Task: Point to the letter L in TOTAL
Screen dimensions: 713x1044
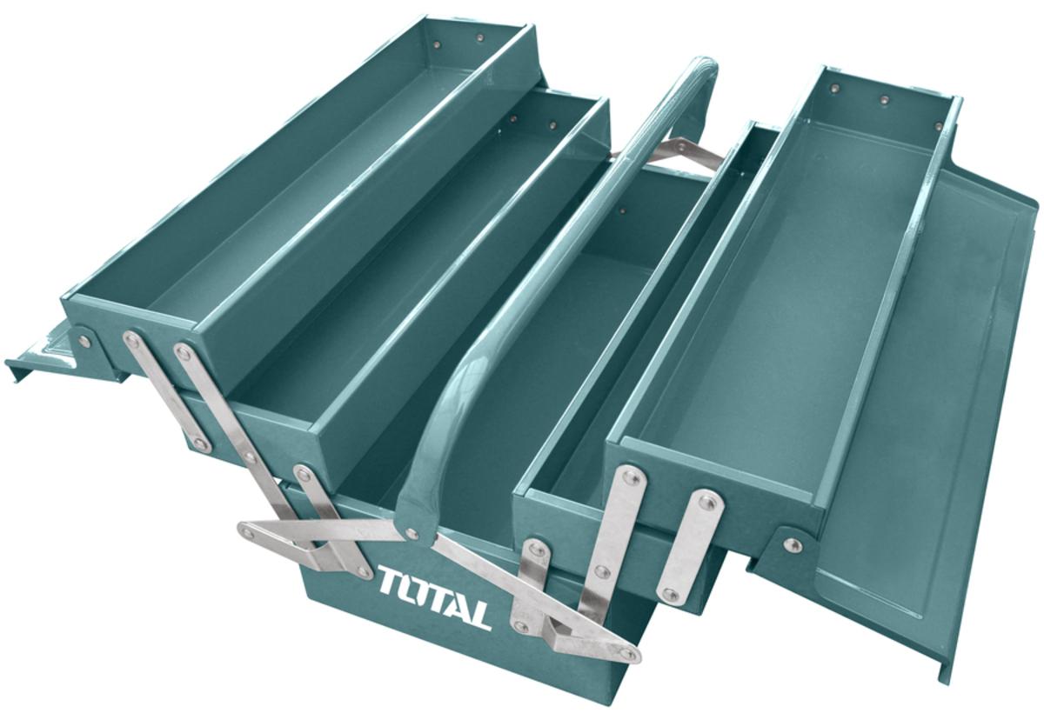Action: [x=478, y=615]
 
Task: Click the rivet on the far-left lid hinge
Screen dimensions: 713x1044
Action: [x=84, y=341]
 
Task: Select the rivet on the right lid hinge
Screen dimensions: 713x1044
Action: [x=792, y=545]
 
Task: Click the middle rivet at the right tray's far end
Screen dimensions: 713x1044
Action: [x=885, y=101]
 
